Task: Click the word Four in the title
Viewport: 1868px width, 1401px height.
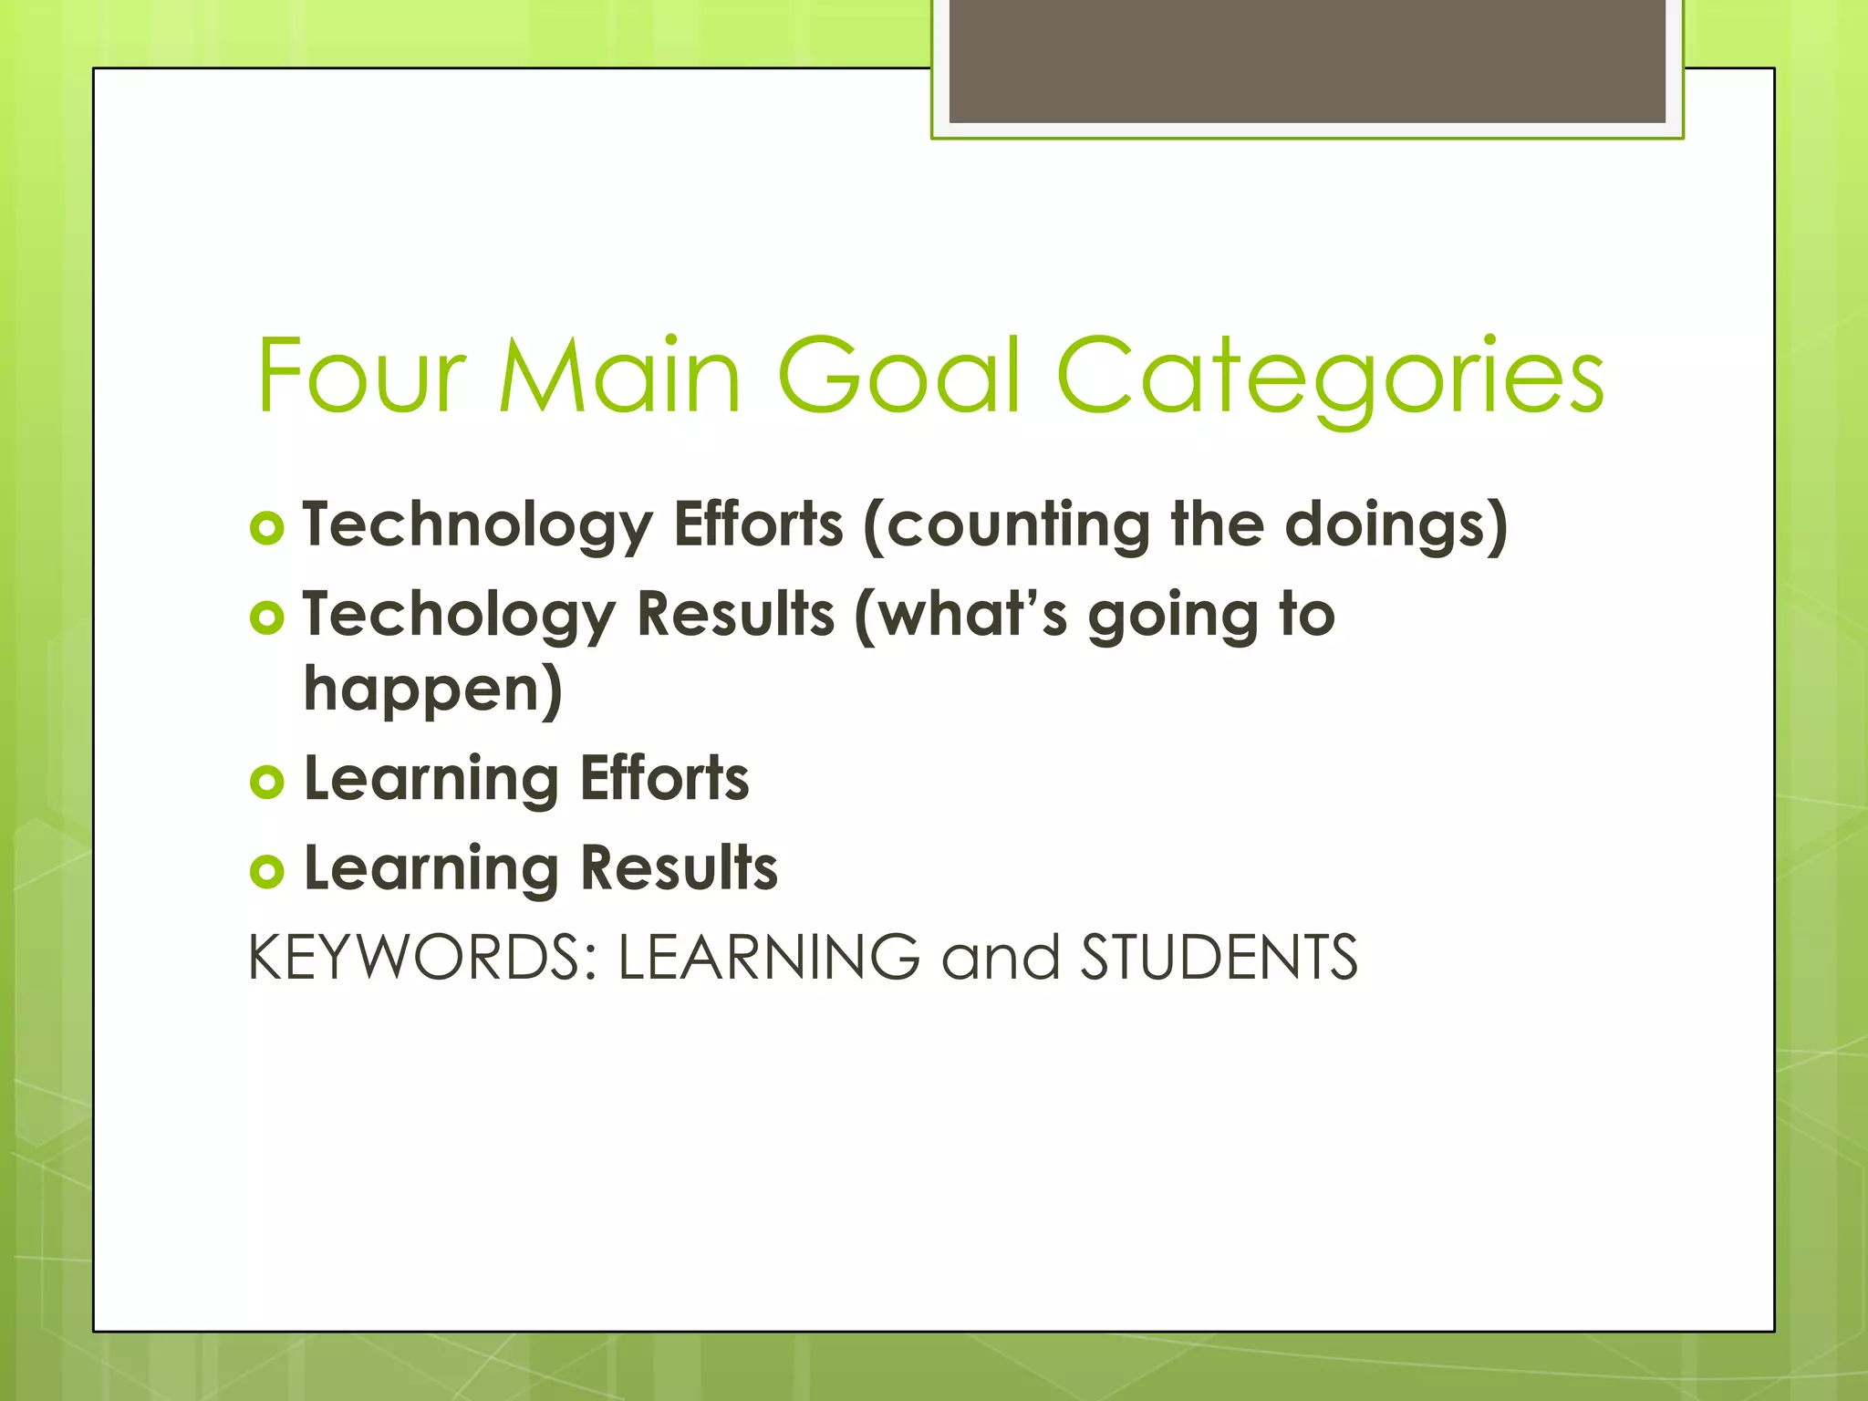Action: click(361, 376)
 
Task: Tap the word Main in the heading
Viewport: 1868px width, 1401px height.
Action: click(620, 376)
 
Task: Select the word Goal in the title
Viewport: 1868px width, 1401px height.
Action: click(898, 376)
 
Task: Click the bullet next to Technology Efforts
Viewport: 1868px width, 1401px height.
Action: click(267, 528)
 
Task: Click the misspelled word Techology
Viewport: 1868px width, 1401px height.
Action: click(459, 616)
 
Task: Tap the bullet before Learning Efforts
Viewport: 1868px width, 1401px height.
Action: click(267, 782)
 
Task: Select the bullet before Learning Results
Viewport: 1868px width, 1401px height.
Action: click(267, 871)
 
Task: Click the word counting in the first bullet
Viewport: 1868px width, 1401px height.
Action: click(1006, 526)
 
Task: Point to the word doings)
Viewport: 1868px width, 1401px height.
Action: click(1396, 526)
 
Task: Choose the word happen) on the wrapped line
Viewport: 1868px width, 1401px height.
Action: click(433, 690)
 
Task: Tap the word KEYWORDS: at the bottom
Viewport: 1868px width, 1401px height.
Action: click(422, 958)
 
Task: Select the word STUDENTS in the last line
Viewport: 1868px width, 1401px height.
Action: click(1219, 958)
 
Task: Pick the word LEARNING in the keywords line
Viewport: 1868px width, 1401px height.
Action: click(769, 958)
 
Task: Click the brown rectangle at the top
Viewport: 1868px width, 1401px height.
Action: click(1306, 62)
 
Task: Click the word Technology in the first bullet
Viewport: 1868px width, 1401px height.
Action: click(477, 526)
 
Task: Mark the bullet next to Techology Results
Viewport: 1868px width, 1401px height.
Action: click(267, 618)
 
